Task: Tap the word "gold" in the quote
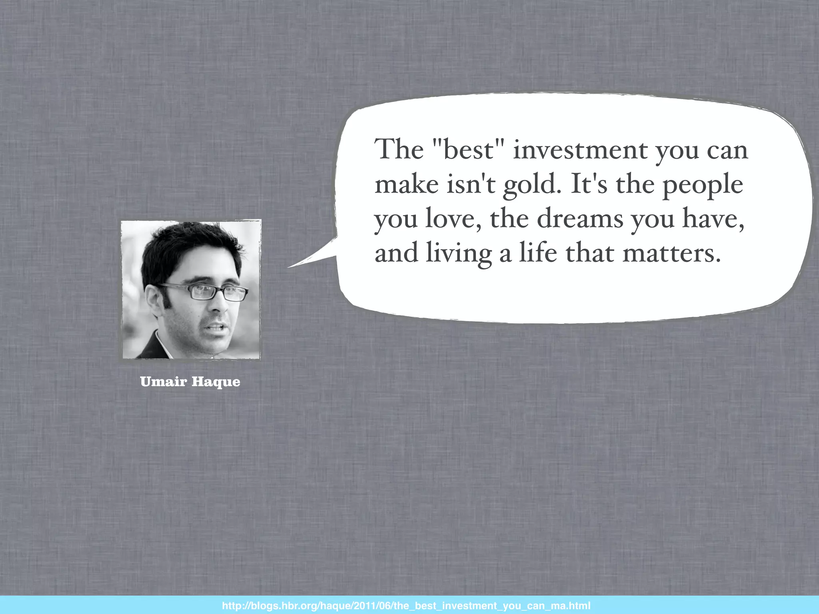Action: [529, 185]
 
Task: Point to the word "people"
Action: [703, 185]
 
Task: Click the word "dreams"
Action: [579, 219]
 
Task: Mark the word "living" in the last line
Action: [458, 253]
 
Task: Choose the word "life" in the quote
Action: [537, 253]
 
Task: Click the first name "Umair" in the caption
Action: [164, 382]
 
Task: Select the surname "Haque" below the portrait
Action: [216, 382]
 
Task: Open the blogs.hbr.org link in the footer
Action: [406, 606]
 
